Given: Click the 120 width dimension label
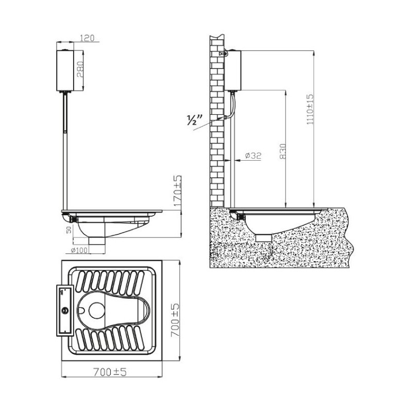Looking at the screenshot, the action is [87, 38].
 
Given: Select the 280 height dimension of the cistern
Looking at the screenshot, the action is [80, 70].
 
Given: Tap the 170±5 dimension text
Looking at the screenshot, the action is [178, 191].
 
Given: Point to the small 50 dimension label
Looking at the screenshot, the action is [69, 230].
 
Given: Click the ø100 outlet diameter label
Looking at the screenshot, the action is [79, 250].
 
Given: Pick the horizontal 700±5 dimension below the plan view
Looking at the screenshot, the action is [110, 372].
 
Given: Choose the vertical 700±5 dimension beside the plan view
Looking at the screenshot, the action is [175, 320].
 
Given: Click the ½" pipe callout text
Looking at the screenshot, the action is [195, 119].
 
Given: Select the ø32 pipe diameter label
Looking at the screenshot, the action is [253, 156].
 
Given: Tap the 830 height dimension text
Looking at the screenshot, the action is [283, 151].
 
